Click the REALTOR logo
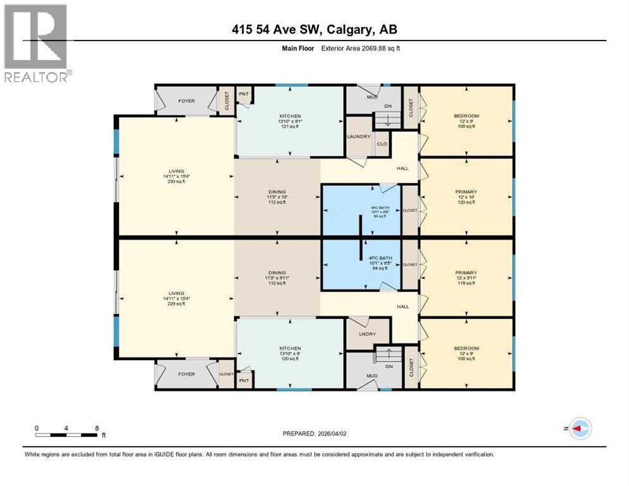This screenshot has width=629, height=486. (36, 43)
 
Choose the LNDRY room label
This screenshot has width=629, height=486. (359, 333)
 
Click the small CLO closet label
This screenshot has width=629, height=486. (382, 144)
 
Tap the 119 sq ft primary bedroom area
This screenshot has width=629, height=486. (466, 283)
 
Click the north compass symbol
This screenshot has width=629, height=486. (580, 428)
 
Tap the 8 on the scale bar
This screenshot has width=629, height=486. (97, 428)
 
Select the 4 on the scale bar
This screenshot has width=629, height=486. (66, 428)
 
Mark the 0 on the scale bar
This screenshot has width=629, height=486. (37, 428)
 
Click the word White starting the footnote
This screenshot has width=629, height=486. (32, 454)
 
